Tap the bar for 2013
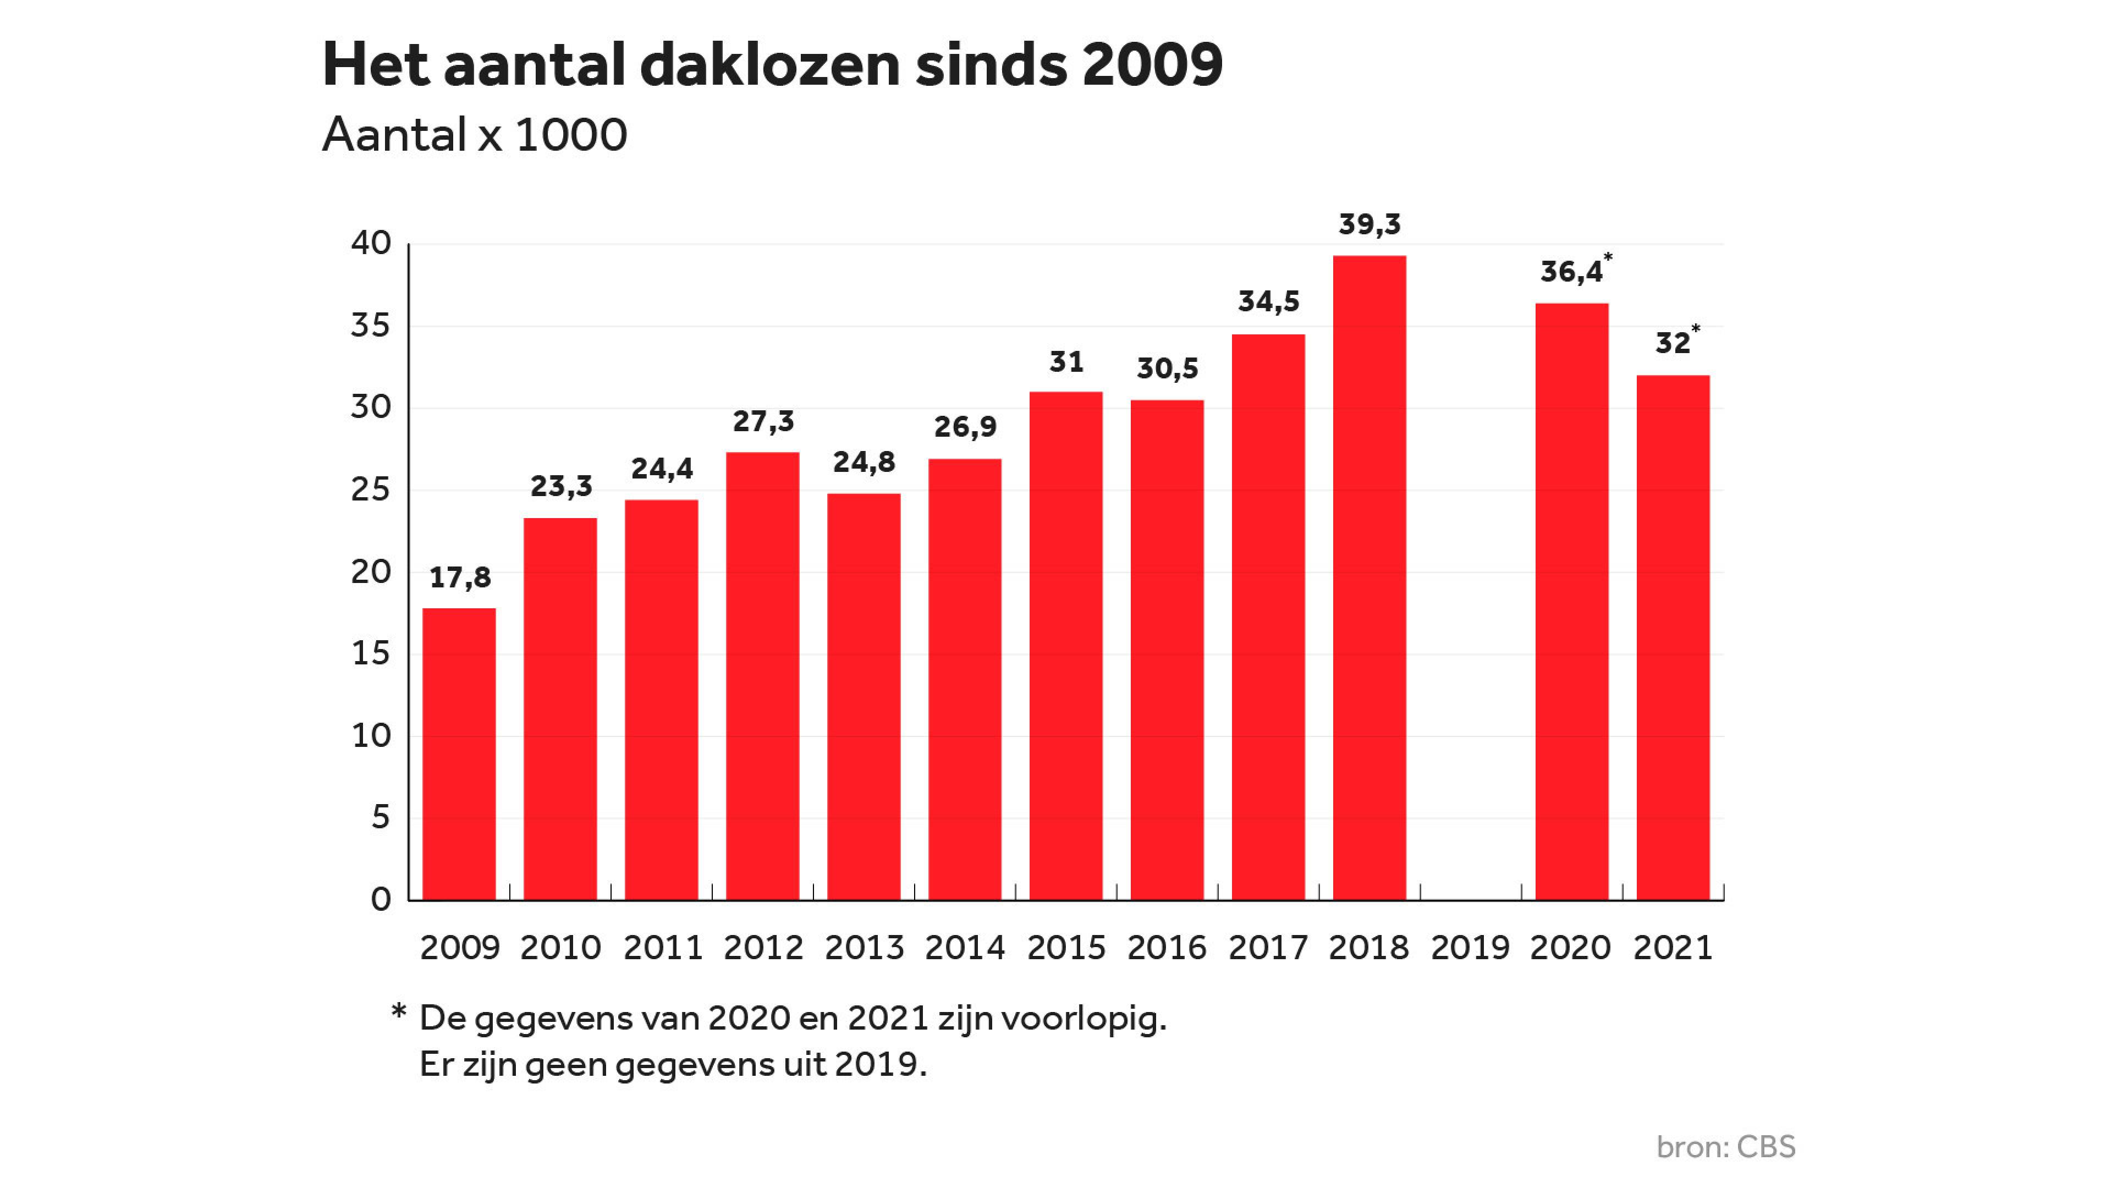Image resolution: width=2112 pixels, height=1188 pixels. point(864,696)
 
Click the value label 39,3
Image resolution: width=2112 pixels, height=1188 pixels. point(1369,224)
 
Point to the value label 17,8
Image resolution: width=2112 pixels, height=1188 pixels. point(460,578)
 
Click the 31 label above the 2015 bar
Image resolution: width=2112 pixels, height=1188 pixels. point(1066,361)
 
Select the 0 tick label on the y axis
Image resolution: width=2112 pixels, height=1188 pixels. point(381,899)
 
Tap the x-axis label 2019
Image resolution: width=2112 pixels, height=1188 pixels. point(1469,948)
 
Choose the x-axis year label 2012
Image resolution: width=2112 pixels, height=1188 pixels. point(762,948)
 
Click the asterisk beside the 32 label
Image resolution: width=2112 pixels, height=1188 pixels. point(1696,329)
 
